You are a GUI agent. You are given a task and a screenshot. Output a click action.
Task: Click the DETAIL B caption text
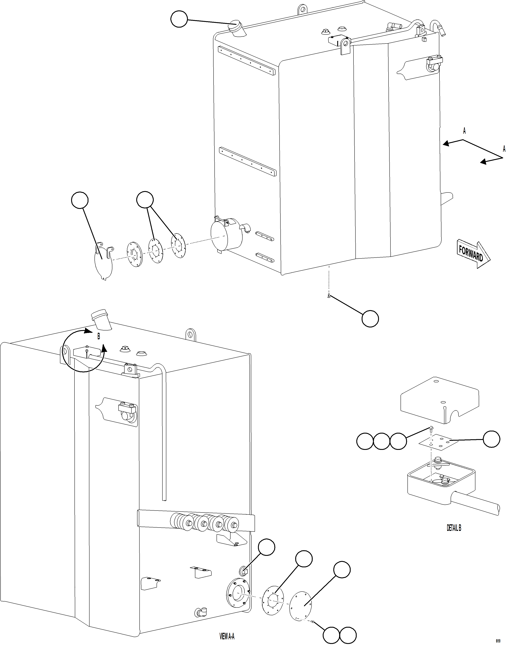click(x=454, y=528)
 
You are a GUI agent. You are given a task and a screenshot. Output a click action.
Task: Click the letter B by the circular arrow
click(x=99, y=336)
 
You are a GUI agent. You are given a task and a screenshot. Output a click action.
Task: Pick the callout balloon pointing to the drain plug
click(x=370, y=319)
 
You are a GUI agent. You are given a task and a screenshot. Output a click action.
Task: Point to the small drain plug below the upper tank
click(x=329, y=296)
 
